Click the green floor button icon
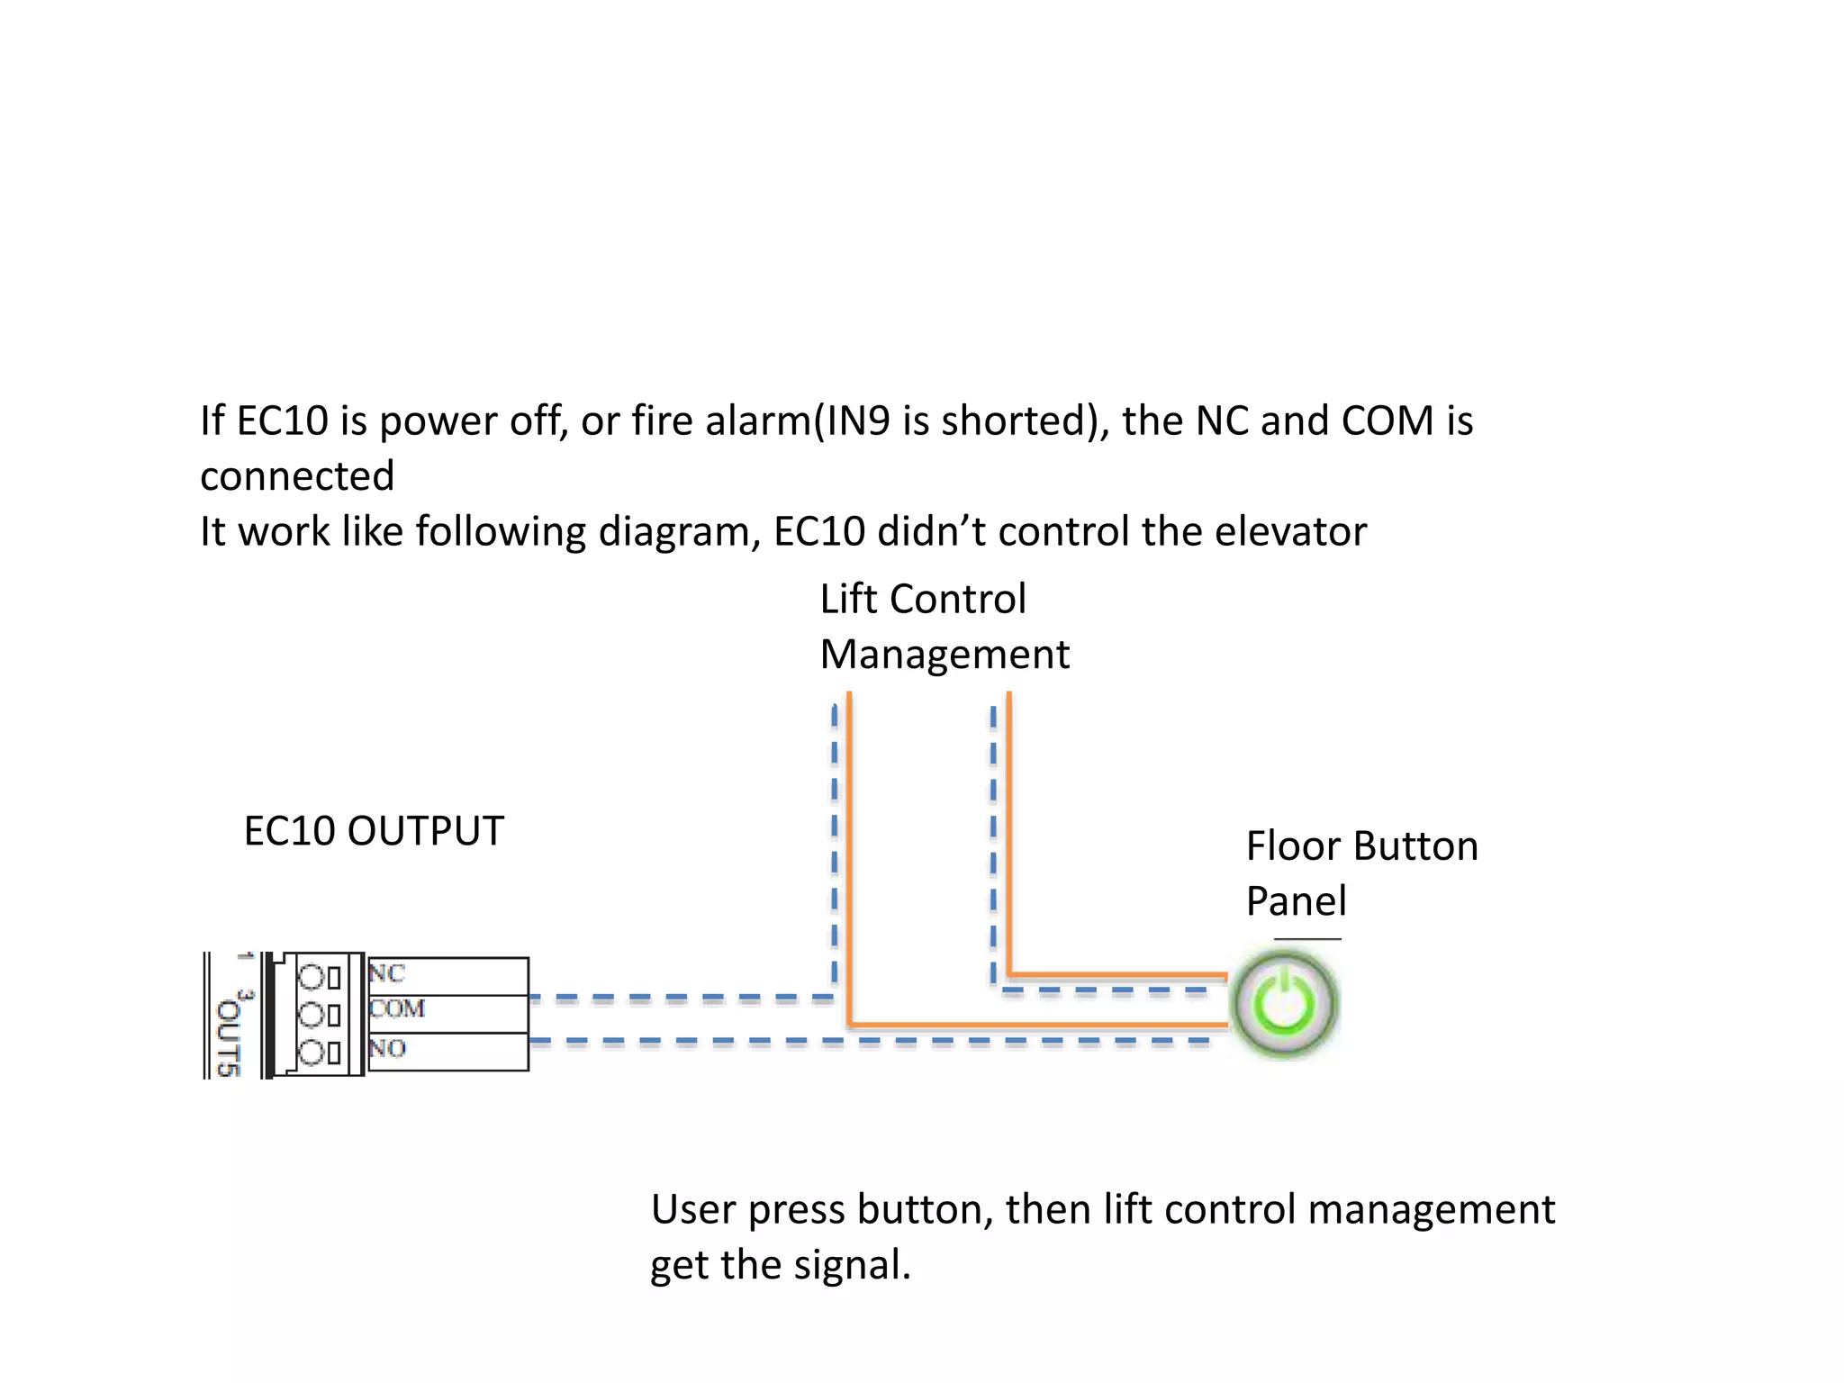coord(1285,1004)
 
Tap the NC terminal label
coord(387,973)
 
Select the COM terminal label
coord(397,1008)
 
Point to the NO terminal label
coord(387,1048)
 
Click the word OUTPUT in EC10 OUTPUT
coord(425,831)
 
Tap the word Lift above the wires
coord(848,600)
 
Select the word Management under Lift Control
coord(945,655)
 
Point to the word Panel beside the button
coord(1296,901)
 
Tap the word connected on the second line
coord(297,476)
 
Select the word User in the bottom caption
coord(692,1209)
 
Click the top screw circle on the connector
coord(311,977)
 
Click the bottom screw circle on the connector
coord(311,1053)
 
